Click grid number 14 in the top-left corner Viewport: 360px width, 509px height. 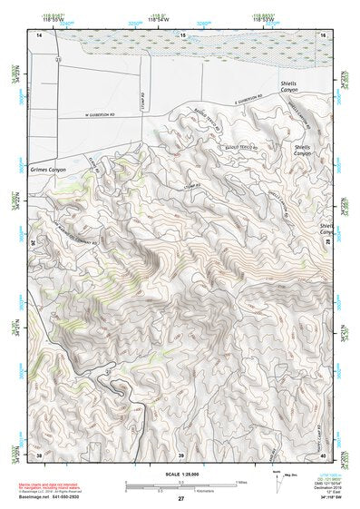tap(39, 34)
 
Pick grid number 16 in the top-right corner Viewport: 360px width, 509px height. tap(322, 34)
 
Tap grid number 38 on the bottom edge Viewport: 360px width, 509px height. tap(39, 453)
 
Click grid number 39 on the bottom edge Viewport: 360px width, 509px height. tap(180, 453)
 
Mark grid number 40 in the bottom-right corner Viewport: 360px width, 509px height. tap(322, 453)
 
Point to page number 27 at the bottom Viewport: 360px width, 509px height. tap(180, 499)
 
